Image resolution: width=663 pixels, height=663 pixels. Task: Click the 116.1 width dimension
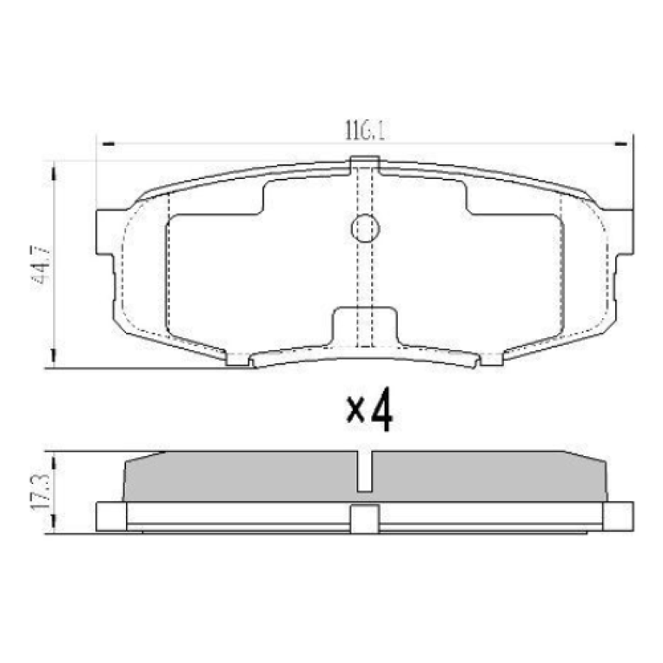(x=365, y=130)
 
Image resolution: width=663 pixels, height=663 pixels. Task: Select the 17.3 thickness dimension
(x=41, y=492)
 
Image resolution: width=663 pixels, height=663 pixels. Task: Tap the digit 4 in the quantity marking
(x=381, y=410)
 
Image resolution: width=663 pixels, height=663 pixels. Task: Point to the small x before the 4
(x=356, y=412)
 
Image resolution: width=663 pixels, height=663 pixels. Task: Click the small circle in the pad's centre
(x=365, y=228)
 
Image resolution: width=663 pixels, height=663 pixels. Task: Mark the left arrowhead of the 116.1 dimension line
(x=108, y=145)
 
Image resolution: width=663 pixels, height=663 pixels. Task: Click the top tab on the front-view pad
(x=365, y=163)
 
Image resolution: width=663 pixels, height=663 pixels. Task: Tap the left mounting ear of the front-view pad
(x=105, y=232)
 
